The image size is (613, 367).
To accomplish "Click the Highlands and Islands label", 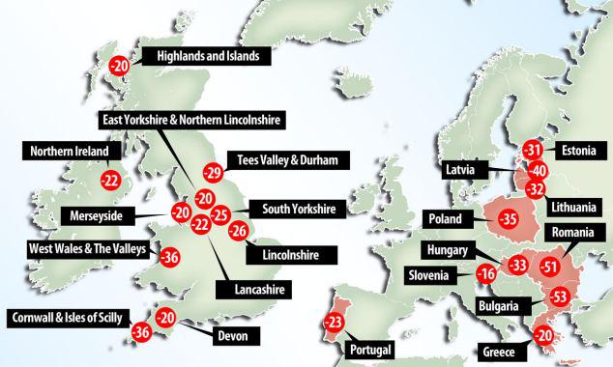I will pyautogui.click(x=208, y=57).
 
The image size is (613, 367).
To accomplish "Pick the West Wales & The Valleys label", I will pyautogui.click(x=87, y=250).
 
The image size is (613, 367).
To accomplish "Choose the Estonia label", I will pyautogui.click(x=581, y=151).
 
